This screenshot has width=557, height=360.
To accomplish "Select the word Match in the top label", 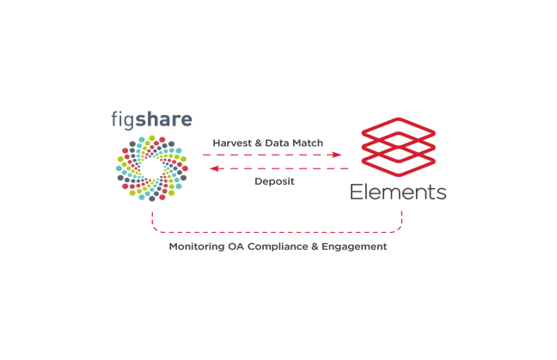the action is [x=309, y=143].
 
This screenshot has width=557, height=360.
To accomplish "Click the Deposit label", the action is [x=274, y=181].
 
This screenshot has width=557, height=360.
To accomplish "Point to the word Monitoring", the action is [x=197, y=247].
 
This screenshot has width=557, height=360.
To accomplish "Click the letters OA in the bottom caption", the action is [x=236, y=247].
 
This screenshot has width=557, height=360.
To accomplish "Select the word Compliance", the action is [x=278, y=247].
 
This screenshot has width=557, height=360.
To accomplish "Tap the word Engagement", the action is [x=354, y=247].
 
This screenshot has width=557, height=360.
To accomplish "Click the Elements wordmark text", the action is [x=398, y=192].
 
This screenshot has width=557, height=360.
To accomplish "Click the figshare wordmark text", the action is [x=151, y=119].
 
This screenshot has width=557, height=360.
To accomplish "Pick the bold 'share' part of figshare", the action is [x=164, y=119].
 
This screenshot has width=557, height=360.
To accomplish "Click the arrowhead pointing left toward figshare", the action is [x=214, y=168].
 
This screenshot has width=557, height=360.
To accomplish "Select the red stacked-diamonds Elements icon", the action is [x=399, y=147].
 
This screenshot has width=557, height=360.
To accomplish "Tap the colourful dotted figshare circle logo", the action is [x=152, y=168].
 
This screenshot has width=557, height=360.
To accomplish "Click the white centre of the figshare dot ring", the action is [x=152, y=168].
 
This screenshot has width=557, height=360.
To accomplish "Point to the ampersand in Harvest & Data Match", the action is [x=259, y=143].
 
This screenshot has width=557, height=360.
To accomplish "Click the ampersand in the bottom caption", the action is [x=315, y=247].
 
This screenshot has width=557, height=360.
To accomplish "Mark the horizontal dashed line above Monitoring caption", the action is [x=277, y=233].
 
